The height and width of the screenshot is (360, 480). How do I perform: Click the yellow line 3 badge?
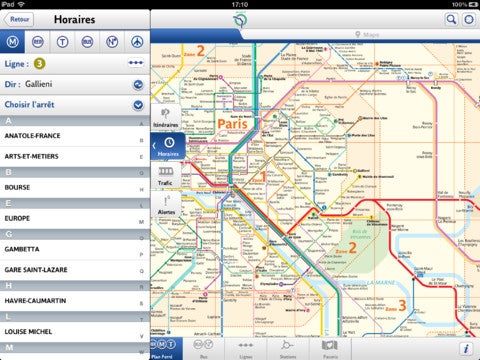coord(39,64)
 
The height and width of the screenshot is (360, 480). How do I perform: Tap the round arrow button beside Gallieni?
coord(137,86)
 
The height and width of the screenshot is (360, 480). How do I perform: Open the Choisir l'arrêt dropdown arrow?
coord(137,107)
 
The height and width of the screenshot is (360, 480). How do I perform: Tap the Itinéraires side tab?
coord(166,118)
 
